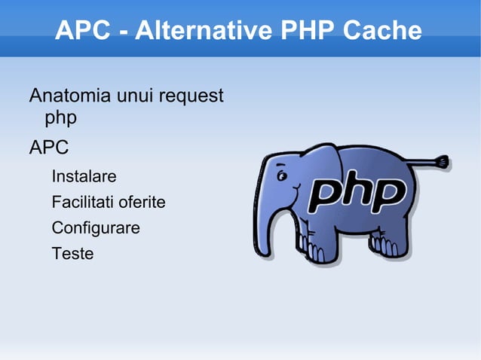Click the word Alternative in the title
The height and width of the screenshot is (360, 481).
[x=201, y=31]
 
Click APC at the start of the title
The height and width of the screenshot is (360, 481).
[x=83, y=31]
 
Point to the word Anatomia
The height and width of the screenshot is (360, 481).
[x=69, y=96]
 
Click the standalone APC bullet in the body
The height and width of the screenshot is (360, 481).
[x=48, y=148]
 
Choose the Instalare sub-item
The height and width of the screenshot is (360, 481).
[x=84, y=177]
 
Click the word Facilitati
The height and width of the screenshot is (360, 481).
[x=82, y=203]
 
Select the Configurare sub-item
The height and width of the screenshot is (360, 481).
[x=95, y=227]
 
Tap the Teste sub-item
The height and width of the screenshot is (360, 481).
[x=72, y=253]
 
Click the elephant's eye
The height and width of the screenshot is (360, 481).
[x=282, y=178]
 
